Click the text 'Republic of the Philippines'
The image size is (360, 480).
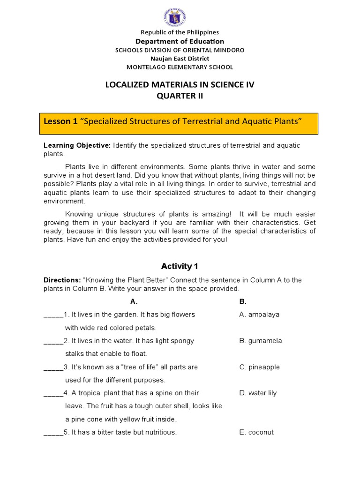pos(180,32)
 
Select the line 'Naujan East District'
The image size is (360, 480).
pos(180,59)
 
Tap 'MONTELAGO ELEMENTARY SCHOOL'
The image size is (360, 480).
pos(180,67)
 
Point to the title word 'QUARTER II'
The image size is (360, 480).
pos(180,96)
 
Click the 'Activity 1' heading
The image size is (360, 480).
pos(180,267)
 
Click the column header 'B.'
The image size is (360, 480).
pos(243,302)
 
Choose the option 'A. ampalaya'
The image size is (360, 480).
pos(259,315)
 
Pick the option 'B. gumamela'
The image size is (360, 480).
pos(261,341)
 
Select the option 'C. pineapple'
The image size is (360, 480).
pos(259,367)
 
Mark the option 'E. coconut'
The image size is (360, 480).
pos(256,432)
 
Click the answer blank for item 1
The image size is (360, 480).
pos(53,315)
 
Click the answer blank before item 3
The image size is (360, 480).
pos(53,368)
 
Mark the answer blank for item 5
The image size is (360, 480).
pos(53,433)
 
